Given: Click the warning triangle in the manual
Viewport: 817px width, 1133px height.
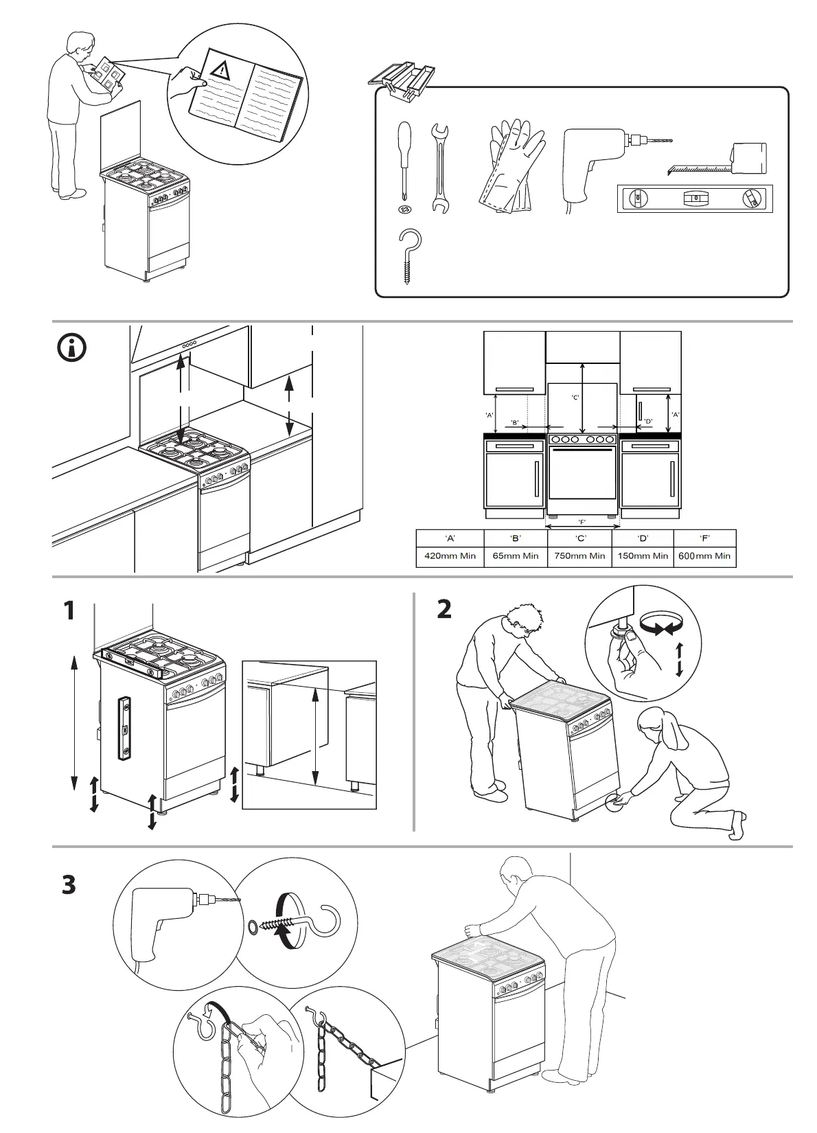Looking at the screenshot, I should coord(222,69).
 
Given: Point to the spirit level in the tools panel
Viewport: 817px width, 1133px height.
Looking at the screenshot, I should coord(695,198).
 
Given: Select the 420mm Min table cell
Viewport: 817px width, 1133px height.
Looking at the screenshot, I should coord(450,556).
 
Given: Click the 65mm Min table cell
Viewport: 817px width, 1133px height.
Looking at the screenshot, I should coord(516,556).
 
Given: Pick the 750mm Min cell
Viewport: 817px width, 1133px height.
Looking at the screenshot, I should coord(579,556).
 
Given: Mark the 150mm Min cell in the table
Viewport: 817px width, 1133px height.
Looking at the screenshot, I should coord(643,556).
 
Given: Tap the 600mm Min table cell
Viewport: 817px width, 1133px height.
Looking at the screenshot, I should coord(704,556).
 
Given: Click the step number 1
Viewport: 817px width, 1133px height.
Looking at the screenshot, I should coord(69,610).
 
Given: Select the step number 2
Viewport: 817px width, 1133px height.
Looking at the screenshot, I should coord(445,608).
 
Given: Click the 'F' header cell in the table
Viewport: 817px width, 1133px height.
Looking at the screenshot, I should coord(704,539).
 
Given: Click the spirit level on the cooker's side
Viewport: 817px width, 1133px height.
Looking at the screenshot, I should coord(125,728).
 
